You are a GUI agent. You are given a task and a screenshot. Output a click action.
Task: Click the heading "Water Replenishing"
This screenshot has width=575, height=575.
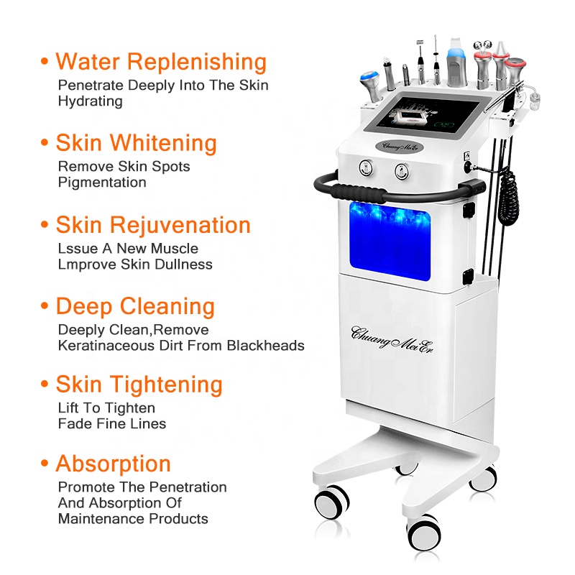[161, 62]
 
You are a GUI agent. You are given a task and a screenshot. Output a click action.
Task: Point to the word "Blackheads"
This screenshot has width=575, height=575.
[266, 346]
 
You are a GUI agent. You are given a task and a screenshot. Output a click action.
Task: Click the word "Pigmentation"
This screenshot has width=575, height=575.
[102, 183]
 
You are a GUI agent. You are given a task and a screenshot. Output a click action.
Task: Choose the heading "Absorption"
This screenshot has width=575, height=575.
[114, 464]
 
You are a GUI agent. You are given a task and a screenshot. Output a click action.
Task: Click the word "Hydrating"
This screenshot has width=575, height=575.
[91, 101]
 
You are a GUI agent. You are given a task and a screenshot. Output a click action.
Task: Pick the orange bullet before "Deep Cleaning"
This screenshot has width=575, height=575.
[45, 308]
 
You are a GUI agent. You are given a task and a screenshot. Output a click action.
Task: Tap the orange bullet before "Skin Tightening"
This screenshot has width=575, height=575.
[45, 386]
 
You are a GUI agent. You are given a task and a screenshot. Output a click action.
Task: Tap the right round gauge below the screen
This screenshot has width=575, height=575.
[396, 171]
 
